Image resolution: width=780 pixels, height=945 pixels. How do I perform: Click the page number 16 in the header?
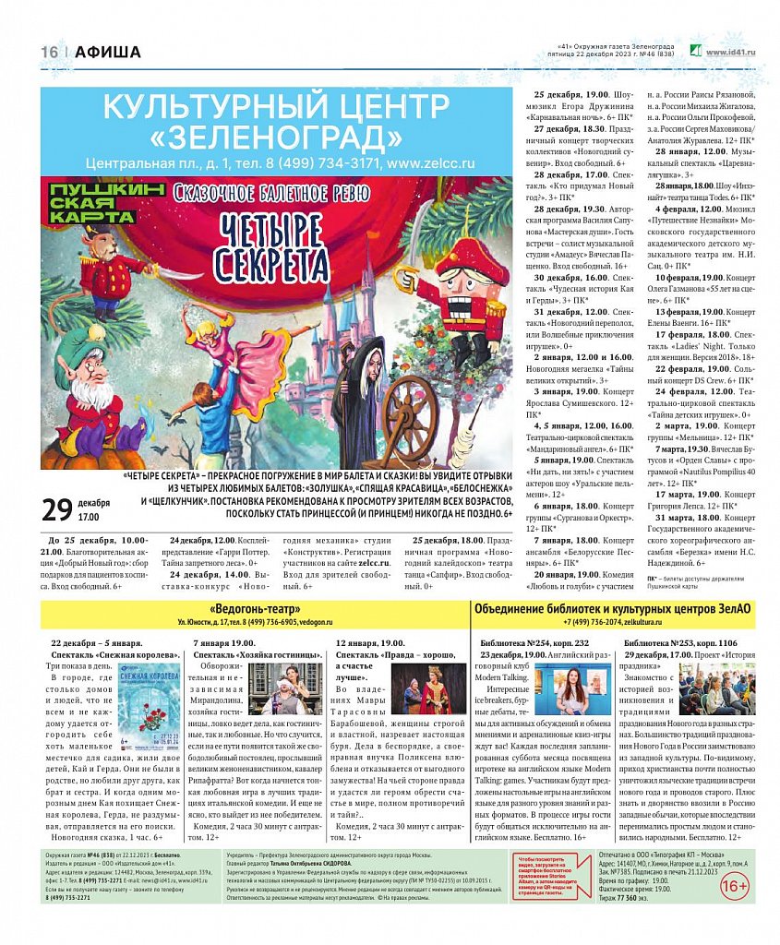click(49, 53)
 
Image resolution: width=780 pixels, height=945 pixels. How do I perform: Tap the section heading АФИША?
click(108, 53)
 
